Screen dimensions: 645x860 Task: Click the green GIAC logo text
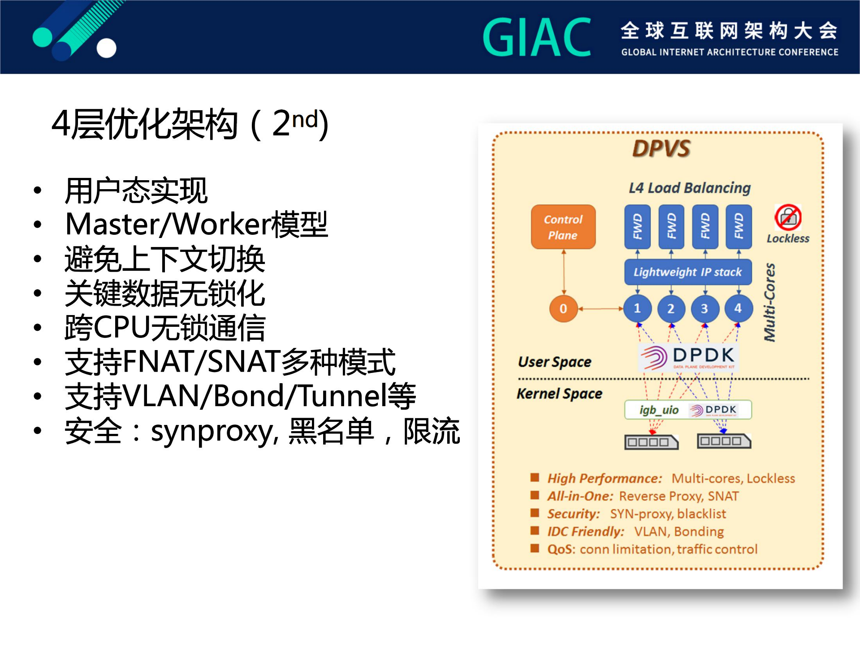[536, 38]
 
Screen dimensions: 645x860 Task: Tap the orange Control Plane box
[563, 227]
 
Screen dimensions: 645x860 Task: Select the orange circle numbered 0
[563, 308]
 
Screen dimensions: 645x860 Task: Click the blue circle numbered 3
[704, 308]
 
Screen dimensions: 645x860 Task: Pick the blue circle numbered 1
[637, 308]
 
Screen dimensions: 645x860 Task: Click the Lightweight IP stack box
[687, 272]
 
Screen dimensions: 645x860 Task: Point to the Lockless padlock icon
[788, 217]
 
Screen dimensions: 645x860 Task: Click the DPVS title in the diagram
[661, 148]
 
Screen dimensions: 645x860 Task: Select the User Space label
[554, 362]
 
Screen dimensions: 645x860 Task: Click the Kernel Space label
[559, 394]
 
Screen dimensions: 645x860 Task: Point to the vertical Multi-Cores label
[769, 303]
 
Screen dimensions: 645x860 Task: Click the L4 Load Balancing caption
[689, 188]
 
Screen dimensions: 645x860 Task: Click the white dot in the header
[106, 48]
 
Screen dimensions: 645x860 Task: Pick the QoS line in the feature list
[652, 549]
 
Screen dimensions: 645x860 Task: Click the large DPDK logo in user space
[688, 357]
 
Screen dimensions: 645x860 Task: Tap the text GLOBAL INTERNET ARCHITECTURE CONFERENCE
[729, 52]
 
